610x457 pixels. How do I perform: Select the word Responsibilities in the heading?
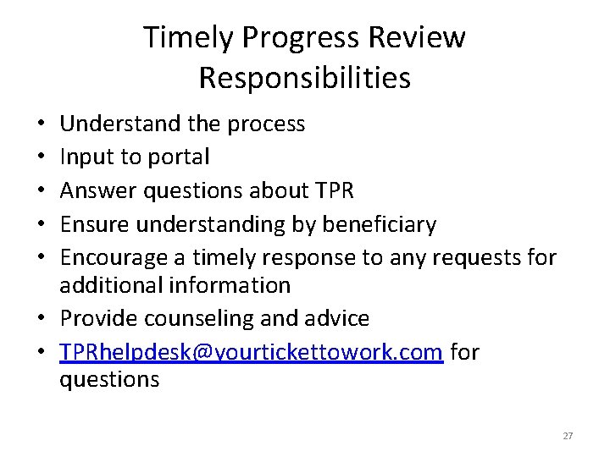(304, 78)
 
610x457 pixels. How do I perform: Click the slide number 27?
(568, 436)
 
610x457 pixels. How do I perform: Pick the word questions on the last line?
(109, 379)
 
